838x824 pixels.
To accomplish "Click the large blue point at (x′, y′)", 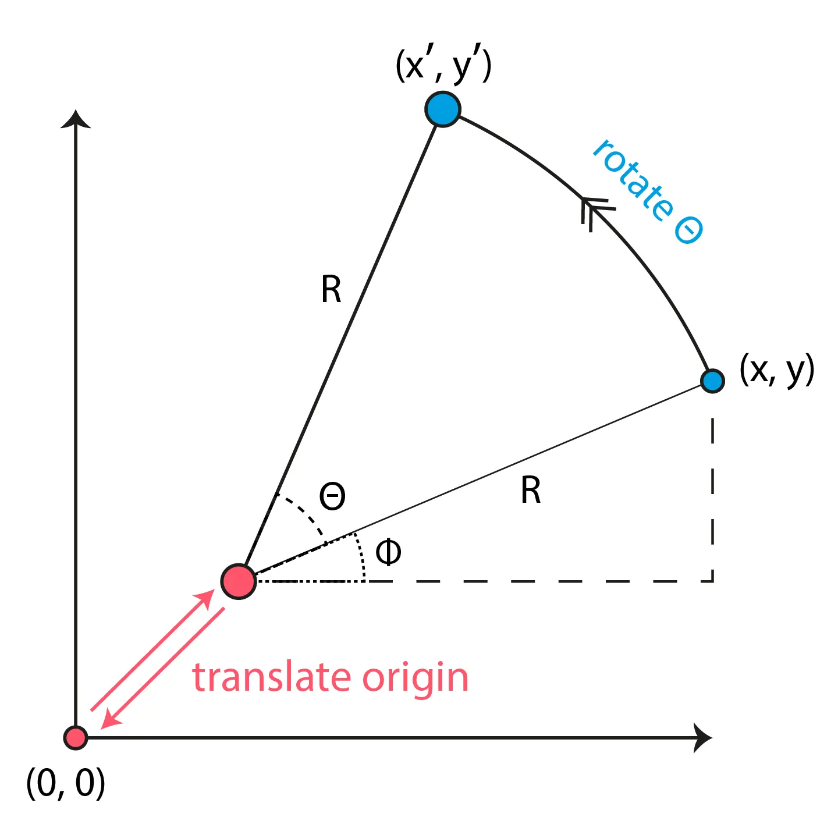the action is click(x=443, y=109).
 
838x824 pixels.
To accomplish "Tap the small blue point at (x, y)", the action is click(x=712, y=381).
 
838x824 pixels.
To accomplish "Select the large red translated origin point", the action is click(x=239, y=581).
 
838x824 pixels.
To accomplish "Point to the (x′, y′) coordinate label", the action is click(x=443, y=65).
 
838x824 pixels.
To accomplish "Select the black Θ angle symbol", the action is click(x=332, y=496).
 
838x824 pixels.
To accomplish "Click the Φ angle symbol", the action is click(x=388, y=552).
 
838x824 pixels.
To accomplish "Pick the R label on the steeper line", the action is click(x=331, y=290).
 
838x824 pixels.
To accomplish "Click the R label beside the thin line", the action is click(x=531, y=490).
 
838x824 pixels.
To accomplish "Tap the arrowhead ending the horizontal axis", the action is click(x=702, y=738).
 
